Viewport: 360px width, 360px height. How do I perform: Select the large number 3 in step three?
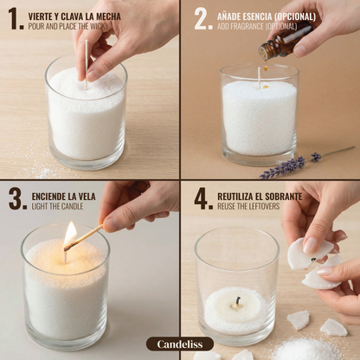click(16, 199)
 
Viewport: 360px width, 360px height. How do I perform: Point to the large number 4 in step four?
click(202, 199)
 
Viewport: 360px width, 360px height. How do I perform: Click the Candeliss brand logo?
click(179, 344)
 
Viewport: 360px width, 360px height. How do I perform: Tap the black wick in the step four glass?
click(235, 302)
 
